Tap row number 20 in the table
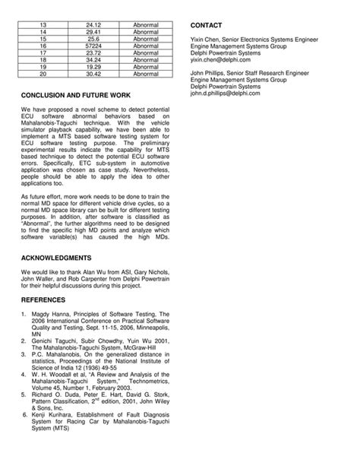[x=43, y=74]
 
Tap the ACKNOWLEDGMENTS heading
[x=57, y=258]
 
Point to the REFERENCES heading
[x=44, y=300]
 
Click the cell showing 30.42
[x=94, y=74]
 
